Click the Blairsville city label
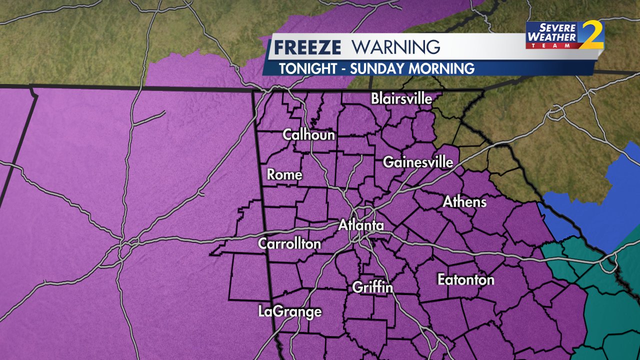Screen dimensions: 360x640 401,98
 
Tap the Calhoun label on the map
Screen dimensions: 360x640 308,134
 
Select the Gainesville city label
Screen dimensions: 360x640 418,162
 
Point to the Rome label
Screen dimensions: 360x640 284,174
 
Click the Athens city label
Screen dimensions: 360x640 464,201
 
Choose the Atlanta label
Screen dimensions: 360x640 361,225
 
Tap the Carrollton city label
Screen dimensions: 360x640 289,243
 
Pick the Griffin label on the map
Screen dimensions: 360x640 372,287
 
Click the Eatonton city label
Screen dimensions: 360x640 466,279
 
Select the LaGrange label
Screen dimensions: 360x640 290,311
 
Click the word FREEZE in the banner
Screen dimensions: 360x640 308,47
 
